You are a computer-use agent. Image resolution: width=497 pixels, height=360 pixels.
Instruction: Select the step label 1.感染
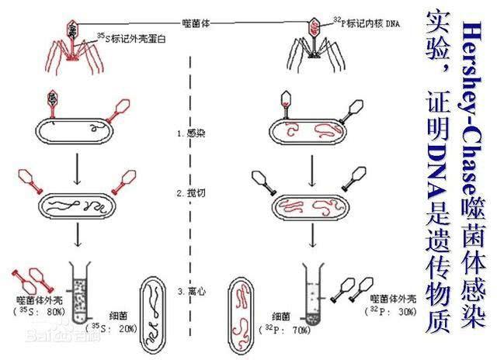[x=191, y=133]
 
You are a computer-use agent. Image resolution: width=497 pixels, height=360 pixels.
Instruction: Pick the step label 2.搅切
[x=191, y=191]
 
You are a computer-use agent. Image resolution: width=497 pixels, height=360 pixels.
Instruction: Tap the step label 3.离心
[x=191, y=292]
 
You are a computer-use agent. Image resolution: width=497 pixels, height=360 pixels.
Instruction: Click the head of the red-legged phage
[x=72, y=29]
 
